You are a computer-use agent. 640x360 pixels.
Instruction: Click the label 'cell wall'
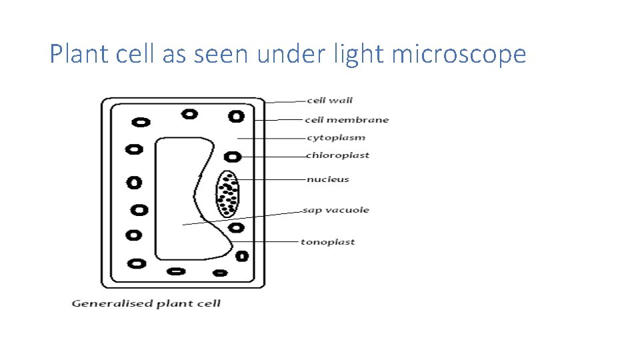tap(329, 101)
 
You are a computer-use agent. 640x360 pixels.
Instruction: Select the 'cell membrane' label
tap(347, 120)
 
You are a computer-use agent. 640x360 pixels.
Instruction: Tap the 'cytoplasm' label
tap(336, 138)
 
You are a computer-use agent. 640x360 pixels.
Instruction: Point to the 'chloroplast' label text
tap(337, 155)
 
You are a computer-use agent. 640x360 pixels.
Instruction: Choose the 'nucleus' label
tap(327, 179)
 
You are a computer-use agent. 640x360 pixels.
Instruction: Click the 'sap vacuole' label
tap(336, 210)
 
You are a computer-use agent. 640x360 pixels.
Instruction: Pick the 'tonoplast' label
tap(327, 242)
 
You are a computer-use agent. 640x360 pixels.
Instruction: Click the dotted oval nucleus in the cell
tap(227, 195)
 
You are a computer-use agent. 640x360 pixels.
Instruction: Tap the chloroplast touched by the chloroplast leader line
tap(232, 157)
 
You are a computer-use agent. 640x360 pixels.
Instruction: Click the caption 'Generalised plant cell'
tap(146, 304)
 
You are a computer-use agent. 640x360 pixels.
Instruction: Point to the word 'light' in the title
tap(359, 54)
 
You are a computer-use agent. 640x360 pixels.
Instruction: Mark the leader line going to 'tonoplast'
tap(267, 241)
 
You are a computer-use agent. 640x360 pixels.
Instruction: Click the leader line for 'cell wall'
tap(285, 101)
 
